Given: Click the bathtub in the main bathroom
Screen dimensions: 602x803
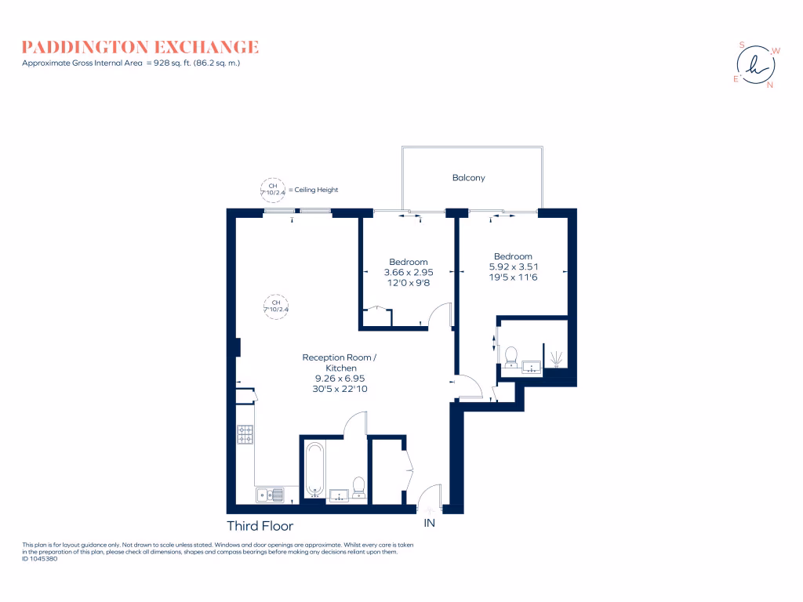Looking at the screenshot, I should pos(315,470).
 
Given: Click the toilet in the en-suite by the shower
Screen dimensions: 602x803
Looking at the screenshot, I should pos(511,357).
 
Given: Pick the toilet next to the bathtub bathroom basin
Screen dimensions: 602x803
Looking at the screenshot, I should pos(359,488).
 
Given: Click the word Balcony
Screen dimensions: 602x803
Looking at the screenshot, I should pos(468,178).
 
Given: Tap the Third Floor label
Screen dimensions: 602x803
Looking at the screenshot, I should pos(260,526).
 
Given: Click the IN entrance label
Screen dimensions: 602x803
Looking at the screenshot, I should pos(429,522).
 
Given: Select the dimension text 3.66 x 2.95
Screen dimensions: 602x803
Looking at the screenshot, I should pos(408,272).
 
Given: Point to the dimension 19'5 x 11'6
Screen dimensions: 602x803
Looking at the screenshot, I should pos(513,277).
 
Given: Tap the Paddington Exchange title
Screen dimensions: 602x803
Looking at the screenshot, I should pos(140,47).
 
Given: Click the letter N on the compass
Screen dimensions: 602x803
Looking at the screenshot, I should pos(769,85).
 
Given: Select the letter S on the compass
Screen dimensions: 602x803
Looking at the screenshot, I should pos(743,45).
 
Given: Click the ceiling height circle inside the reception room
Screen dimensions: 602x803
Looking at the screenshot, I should pos(276,306).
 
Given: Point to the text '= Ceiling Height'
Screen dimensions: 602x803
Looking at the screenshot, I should pos(313,190).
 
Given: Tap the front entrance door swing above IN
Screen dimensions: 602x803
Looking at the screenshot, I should pos(430,496).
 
